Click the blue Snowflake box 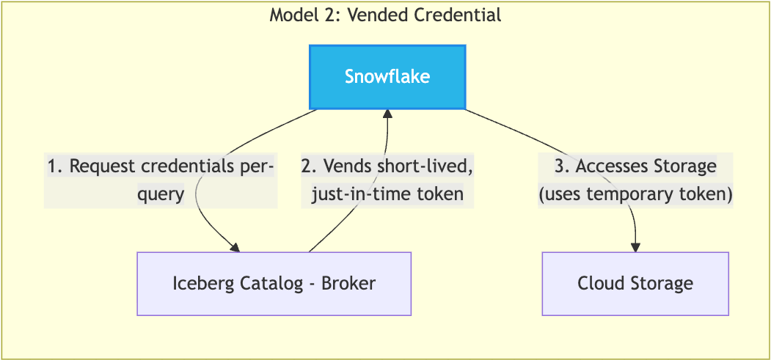(x=387, y=77)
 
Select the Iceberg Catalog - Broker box (x=274, y=284)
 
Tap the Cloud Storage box (x=635, y=284)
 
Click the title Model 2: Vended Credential (x=385, y=15)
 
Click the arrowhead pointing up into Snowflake (x=387, y=114)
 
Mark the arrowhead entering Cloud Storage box (x=635, y=247)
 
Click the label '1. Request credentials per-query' (x=161, y=180)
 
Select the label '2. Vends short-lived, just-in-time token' (x=387, y=180)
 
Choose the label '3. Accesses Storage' (x=635, y=167)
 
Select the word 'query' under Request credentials (x=161, y=194)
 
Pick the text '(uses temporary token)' (x=635, y=194)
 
